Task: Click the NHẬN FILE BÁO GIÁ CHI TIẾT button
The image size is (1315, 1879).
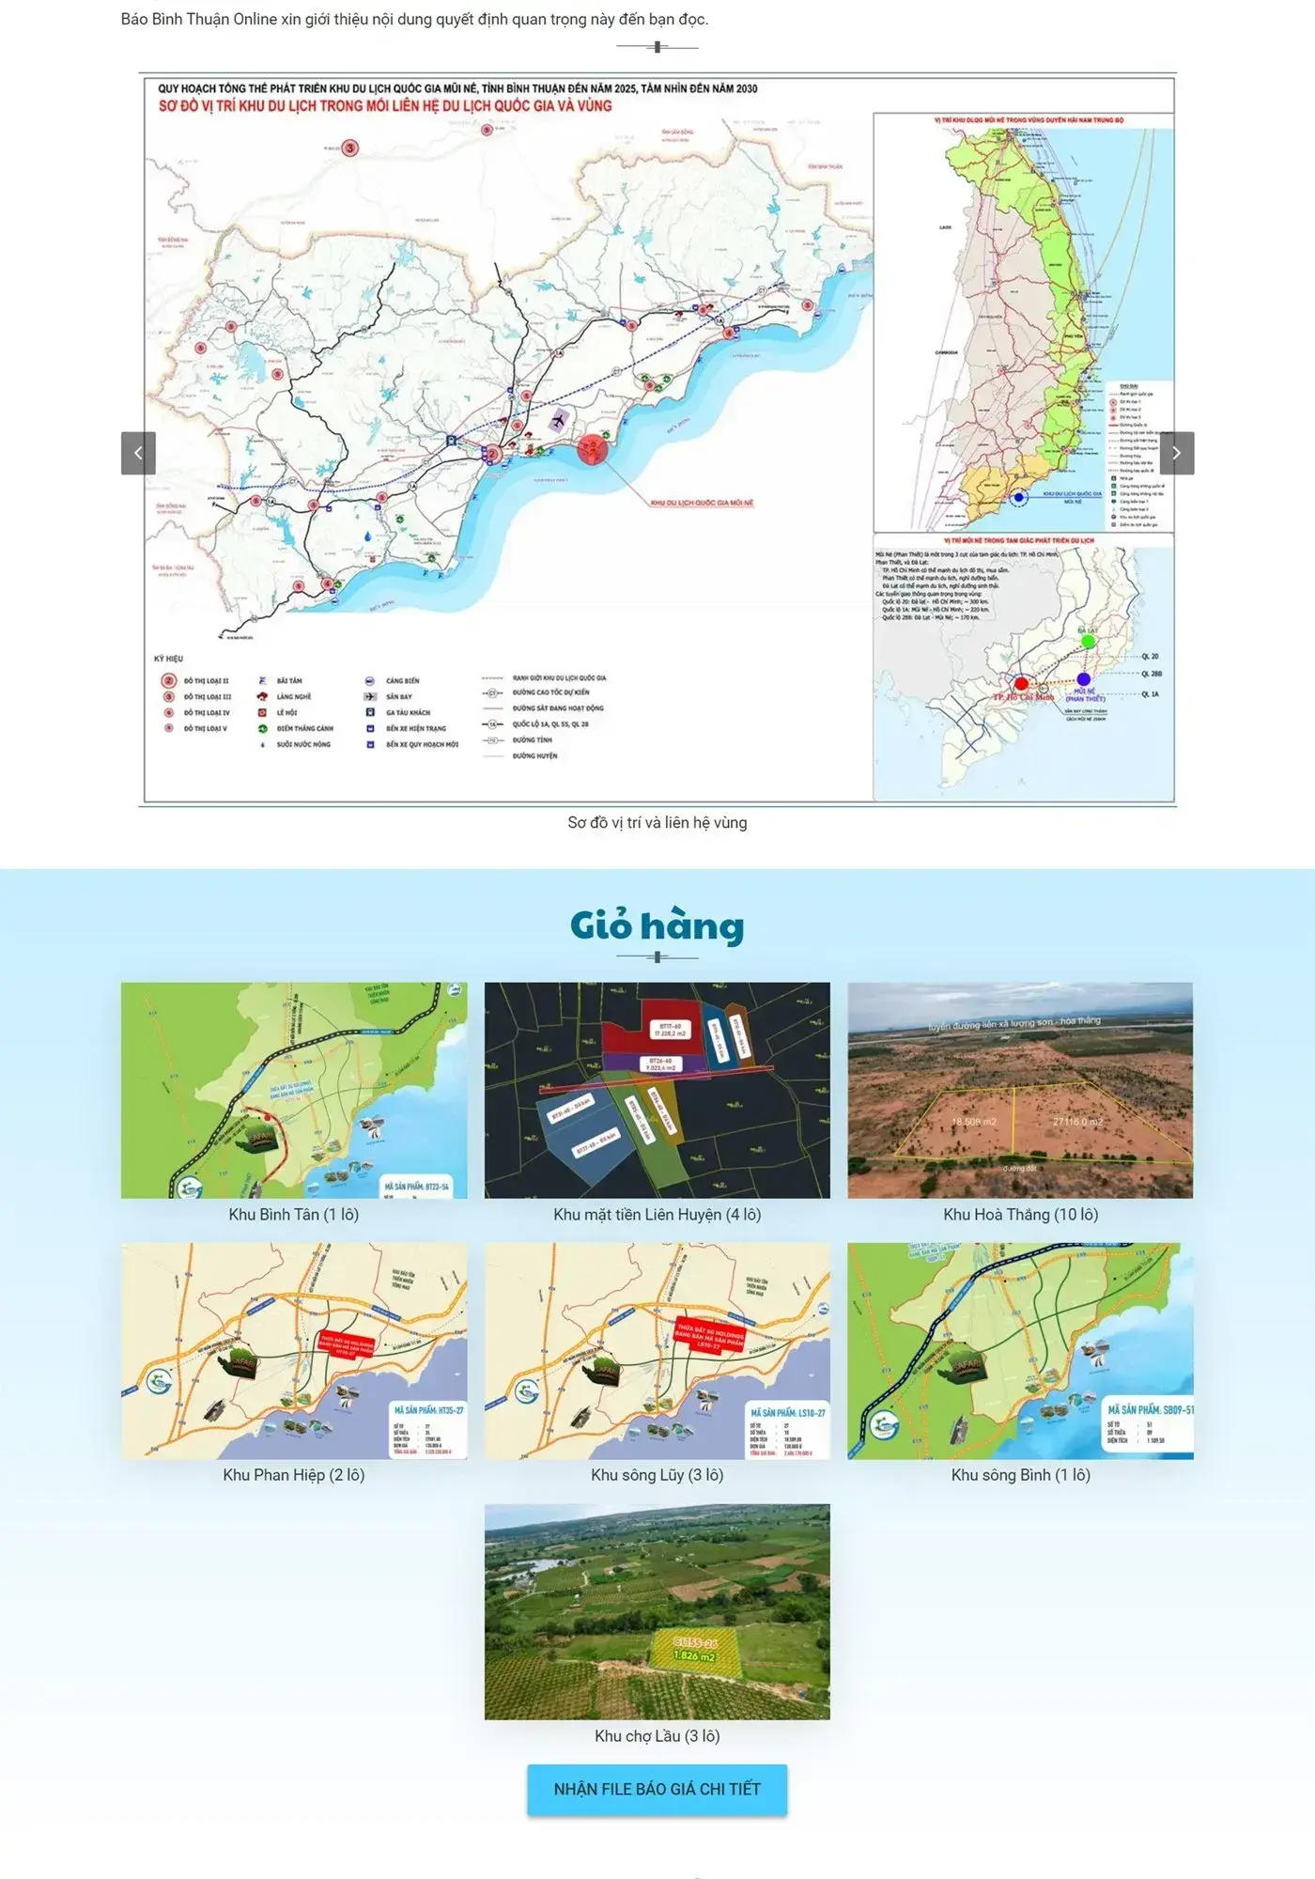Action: coord(657,1789)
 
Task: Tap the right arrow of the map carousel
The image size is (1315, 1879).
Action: coord(1176,453)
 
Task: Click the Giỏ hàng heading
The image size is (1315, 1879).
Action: coord(657,926)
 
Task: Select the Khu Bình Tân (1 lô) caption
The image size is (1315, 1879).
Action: coord(293,1215)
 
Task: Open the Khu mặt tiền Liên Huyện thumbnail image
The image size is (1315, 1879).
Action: coord(657,1090)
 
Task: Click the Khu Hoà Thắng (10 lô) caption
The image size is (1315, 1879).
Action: coord(1020,1215)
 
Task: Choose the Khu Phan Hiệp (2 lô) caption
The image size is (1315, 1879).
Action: coord(293,1475)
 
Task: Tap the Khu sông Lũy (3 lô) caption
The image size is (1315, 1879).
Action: coord(657,1475)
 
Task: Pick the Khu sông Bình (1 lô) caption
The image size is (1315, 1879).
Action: coord(1020,1475)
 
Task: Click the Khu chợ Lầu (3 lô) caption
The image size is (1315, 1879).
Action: coord(657,1736)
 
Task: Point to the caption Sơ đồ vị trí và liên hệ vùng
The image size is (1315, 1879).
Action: coord(657,823)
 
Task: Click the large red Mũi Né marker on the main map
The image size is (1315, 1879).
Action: coord(593,449)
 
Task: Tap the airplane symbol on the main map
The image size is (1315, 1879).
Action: coord(561,419)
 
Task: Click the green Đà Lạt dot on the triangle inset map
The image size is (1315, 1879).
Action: coord(1088,641)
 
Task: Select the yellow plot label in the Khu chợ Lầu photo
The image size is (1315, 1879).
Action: coord(695,1649)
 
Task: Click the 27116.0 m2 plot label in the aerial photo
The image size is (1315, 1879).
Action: coord(1077,1122)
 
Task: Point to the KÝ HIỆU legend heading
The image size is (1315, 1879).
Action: coord(168,659)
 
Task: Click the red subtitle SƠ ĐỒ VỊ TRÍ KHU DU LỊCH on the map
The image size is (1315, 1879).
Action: coord(385,106)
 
